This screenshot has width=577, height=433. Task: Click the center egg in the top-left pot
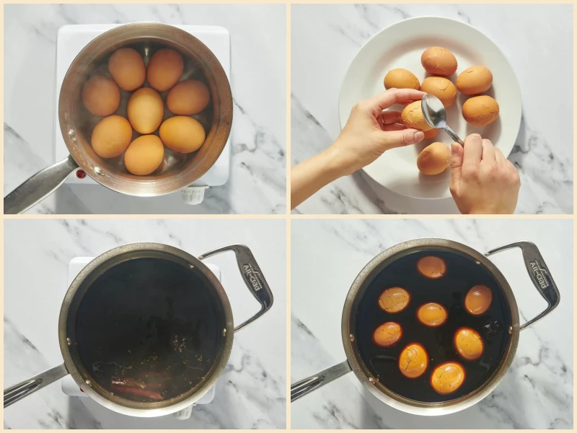click(x=145, y=110)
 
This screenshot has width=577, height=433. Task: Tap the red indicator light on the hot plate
click(x=81, y=174)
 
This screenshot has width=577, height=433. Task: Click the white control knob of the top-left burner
click(x=193, y=194)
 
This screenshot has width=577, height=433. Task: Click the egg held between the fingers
click(x=416, y=118)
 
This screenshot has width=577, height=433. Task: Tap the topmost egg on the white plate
click(x=439, y=61)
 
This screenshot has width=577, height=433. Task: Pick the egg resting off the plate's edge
click(x=434, y=158)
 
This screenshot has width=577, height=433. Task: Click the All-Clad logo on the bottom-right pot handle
click(x=540, y=274)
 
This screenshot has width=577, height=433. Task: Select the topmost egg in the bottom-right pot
click(x=431, y=267)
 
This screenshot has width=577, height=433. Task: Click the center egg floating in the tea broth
click(x=432, y=314)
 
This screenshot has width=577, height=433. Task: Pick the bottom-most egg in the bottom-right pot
click(x=448, y=377)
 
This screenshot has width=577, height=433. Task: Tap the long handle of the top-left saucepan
click(x=36, y=190)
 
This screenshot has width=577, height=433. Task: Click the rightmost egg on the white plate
click(x=480, y=110)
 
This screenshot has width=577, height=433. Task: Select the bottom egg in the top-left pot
click(x=144, y=154)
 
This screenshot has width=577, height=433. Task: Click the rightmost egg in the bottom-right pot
click(x=478, y=299)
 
